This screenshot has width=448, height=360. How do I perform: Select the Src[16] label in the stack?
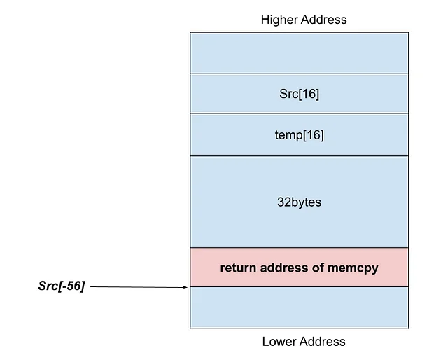298,94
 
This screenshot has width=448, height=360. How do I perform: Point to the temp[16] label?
299,135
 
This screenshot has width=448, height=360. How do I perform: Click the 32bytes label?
299,202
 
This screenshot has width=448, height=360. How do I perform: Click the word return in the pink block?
238,268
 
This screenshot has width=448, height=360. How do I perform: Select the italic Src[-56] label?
61,286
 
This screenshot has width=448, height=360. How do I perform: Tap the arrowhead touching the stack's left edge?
186,286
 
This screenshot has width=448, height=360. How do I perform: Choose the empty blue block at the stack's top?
299,53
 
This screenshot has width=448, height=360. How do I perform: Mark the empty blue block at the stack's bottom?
299,307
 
